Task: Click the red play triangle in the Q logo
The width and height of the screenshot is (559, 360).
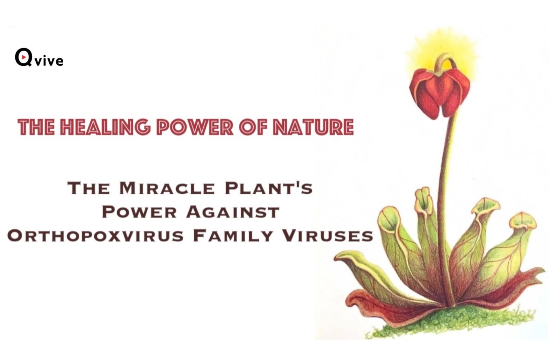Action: point(24,57)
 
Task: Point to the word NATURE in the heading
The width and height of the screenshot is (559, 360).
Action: point(314,127)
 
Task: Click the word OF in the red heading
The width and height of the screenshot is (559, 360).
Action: point(254,127)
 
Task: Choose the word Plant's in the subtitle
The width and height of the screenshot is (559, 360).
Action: point(269,188)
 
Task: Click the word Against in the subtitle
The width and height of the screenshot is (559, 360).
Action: point(233,212)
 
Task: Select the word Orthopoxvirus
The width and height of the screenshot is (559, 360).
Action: point(95,236)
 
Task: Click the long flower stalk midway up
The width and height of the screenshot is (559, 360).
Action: point(447,200)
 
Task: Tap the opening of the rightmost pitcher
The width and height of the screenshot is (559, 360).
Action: point(523,222)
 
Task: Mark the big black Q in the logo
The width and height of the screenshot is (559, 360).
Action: point(24,57)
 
